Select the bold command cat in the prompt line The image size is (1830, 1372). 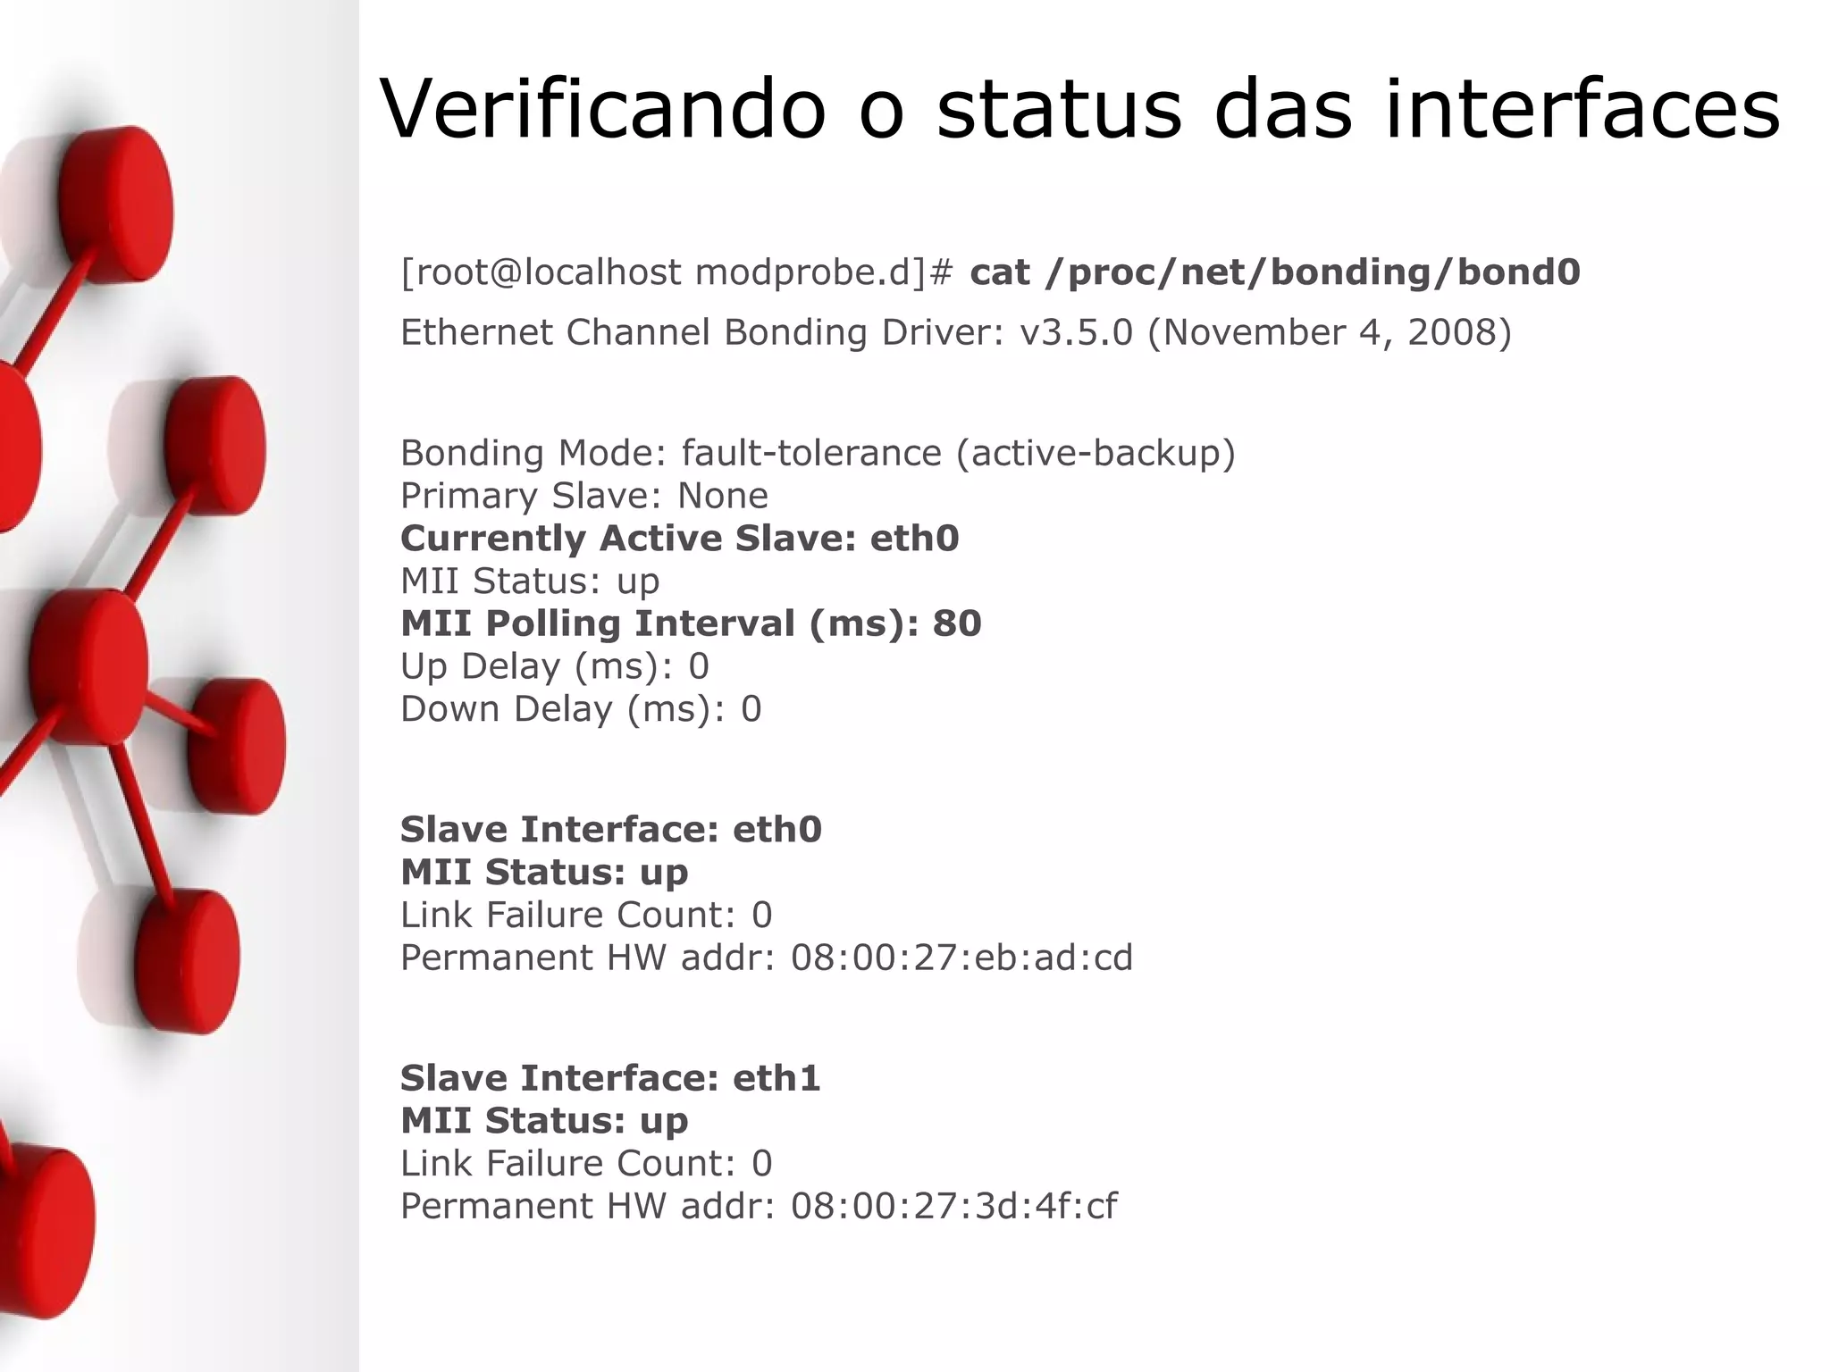1000,272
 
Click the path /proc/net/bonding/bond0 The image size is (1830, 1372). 1313,272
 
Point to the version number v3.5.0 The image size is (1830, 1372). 1076,332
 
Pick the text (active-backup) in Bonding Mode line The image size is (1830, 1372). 1095,453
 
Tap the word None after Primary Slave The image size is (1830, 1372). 722,496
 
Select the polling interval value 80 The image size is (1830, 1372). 957,623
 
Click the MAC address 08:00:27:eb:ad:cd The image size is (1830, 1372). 961,958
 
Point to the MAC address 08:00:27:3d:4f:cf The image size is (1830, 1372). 953,1206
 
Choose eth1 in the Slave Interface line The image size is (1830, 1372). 776,1078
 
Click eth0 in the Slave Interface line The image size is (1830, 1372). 777,830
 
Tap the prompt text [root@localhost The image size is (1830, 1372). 541,272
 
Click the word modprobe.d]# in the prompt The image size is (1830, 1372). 824,272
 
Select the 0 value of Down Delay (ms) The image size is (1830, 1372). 751,709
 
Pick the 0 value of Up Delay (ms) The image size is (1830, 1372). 698,666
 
